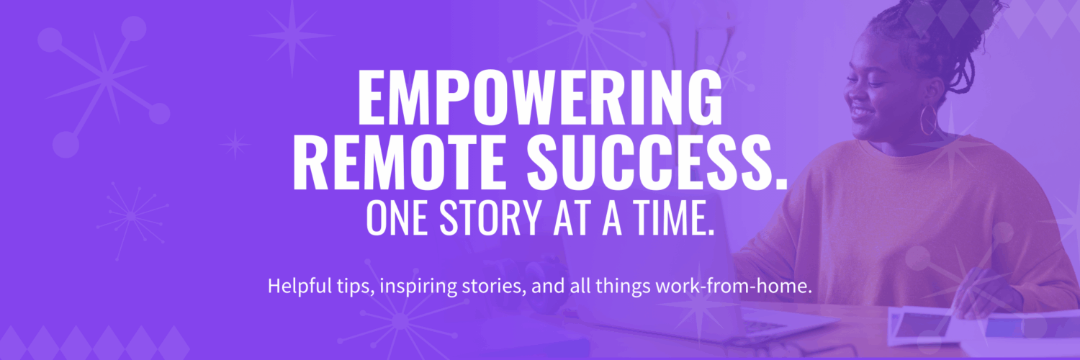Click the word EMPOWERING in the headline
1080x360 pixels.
540,99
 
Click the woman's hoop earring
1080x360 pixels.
929,120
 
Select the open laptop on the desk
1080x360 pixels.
684,288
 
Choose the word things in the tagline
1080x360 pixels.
626,286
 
